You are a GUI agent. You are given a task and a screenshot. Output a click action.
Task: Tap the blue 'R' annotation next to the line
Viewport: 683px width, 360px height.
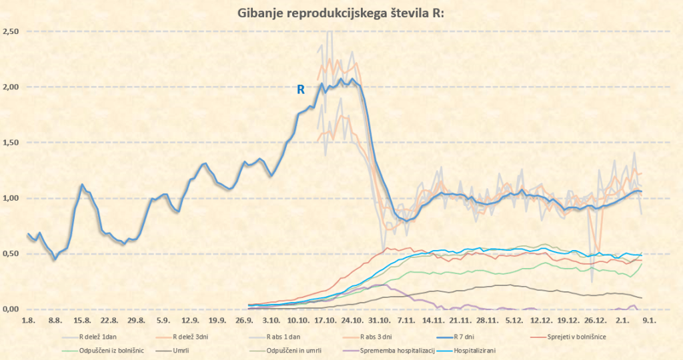click(301, 89)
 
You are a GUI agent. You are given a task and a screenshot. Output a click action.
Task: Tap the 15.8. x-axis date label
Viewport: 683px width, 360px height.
click(82, 321)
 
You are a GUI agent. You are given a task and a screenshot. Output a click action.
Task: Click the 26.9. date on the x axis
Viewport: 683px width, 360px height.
click(247, 321)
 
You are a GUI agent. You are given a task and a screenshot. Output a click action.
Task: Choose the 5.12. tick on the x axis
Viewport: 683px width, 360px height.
click(514, 321)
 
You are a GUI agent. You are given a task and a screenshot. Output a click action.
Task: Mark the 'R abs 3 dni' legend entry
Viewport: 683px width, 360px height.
click(380, 337)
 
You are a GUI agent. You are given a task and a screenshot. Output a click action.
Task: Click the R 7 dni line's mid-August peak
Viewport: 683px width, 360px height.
click(81, 185)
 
